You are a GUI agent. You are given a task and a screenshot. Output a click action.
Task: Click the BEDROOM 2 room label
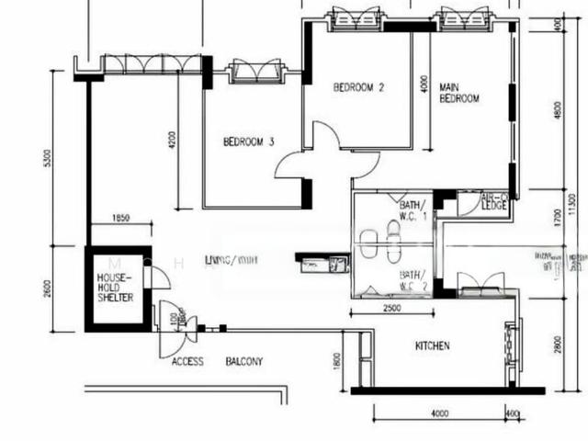coord(358,88)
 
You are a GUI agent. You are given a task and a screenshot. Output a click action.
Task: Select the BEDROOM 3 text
coord(249,142)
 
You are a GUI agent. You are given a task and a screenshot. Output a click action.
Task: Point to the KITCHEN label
coord(433,346)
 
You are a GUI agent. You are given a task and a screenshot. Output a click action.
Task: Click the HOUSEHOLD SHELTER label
coord(116,288)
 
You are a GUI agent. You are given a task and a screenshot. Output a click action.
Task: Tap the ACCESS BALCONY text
coord(217,362)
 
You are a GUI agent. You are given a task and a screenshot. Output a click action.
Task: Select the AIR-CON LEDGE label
coord(495,200)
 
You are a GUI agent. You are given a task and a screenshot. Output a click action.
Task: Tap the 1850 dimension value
coord(120,218)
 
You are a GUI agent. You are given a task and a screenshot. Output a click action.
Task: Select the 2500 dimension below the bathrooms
coord(390,309)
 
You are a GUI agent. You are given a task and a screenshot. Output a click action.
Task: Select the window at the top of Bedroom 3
coord(253,70)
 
